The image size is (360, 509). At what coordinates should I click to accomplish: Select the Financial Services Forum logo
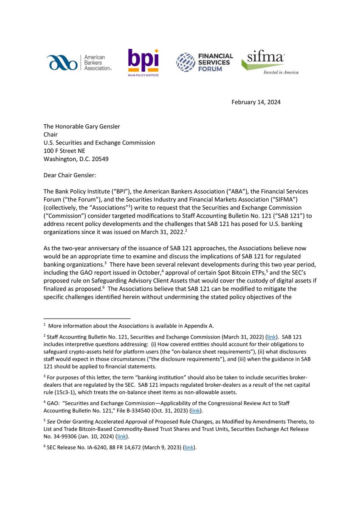pos(205,62)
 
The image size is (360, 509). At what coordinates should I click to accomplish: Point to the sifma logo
pos(270,62)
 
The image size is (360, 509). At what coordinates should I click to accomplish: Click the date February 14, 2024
pos(256,102)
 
